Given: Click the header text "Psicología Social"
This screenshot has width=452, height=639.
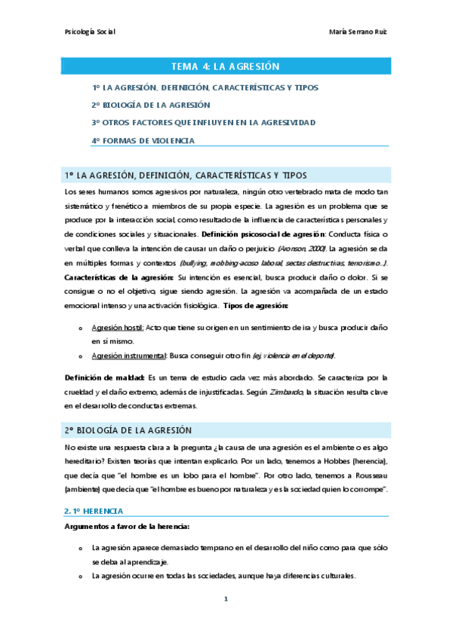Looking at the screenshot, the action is click(90, 32).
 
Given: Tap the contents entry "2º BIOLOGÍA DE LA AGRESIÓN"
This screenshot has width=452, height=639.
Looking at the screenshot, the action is click(151, 105).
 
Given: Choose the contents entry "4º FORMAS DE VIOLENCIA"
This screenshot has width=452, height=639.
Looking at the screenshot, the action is click(143, 140).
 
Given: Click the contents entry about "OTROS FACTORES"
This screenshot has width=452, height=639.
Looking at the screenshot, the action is click(204, 122).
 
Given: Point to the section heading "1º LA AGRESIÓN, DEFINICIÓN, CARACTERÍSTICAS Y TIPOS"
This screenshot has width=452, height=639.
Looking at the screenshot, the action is click(186, 176).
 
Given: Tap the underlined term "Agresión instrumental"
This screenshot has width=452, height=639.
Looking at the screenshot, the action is click(128, 355).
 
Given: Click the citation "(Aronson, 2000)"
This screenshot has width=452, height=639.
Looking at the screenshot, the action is click(301, 247).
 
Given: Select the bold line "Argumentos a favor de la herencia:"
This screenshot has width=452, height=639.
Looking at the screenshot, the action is click(127, 505).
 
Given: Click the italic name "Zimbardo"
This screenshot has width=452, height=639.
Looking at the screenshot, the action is click(282, 390).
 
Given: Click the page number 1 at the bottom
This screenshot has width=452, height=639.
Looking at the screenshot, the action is click(226, 599).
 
